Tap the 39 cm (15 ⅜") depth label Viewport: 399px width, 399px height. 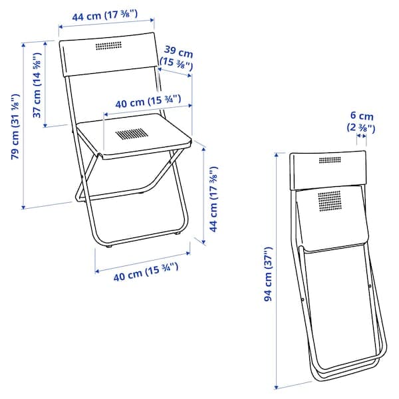pyautogui.click(x=178, y=59)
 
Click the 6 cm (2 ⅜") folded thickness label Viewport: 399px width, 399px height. pyautogui.click(x=361, y=122)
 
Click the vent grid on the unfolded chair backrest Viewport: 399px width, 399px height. pyautogui.click(x=108, y=47)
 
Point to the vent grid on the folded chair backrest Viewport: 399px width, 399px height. pyautogui.click(x=329, y=160)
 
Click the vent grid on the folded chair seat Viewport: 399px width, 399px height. pyautogui.click(x=329, y=199)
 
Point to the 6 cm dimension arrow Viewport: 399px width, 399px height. pyautogui.click(x=361, y=137)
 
